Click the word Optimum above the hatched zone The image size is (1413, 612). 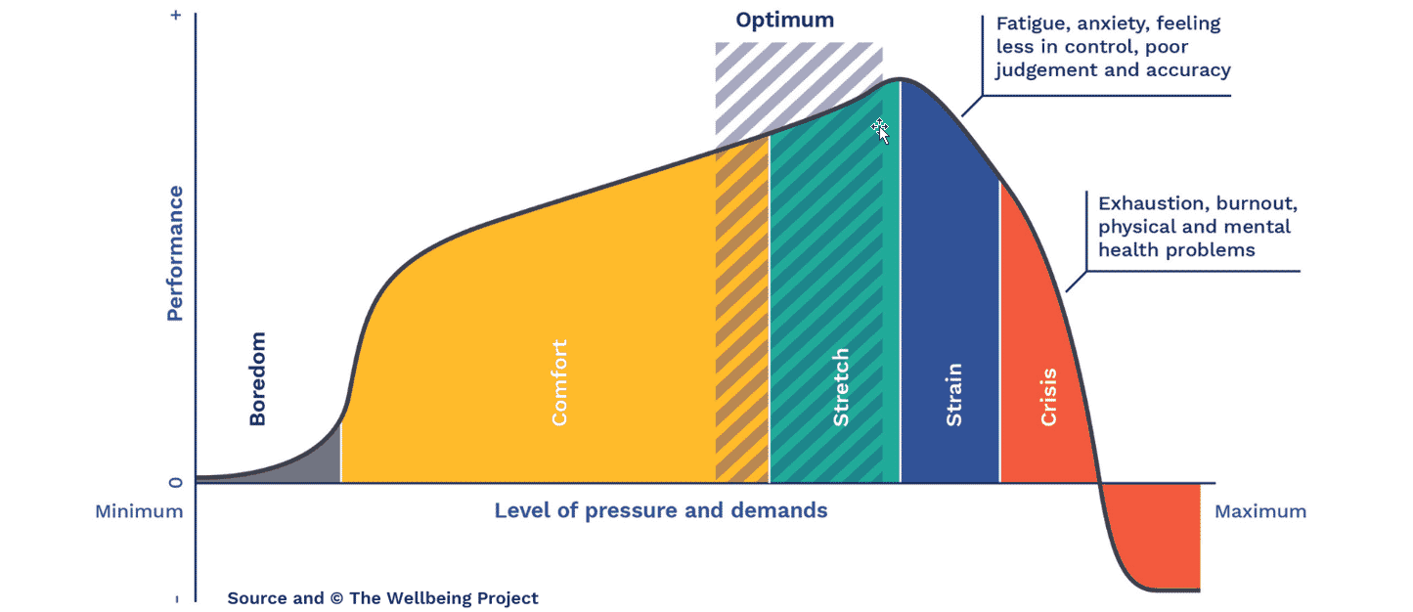pyautogui.click(x=785, y=21)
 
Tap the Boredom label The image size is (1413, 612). pyautogui.click(x=257, y=378)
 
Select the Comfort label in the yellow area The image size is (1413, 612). pyautogui.click(x=559, y=382)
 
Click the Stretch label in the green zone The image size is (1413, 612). pyautogui.click(x=840, y=386)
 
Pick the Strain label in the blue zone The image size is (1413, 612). pyautogui.click(x=953, y=394)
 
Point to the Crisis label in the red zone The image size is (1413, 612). pyautogui.click(x=1048, y=396)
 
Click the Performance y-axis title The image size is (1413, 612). pyautogui.click(x=175, y=253)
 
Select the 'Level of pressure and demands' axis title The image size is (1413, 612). pyautogui.click(x=660, y=510)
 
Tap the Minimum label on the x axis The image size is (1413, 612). pyautogui.click(x=139, y=511)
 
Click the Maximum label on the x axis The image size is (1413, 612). pyautogui.click(x=1259, y=511)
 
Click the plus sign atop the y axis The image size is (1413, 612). pyautogui.click(x=176, y=17)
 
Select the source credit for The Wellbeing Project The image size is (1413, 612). pyautogui.click(x=382, y=598)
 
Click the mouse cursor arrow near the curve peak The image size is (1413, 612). pyautogui.click(x=880, y=130)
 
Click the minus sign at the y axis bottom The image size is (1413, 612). pyautogui.click(x=176, y=598)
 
